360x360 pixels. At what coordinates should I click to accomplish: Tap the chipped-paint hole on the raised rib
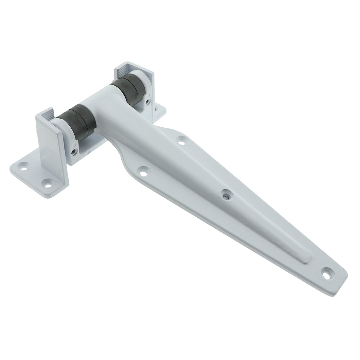[225, 195]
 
